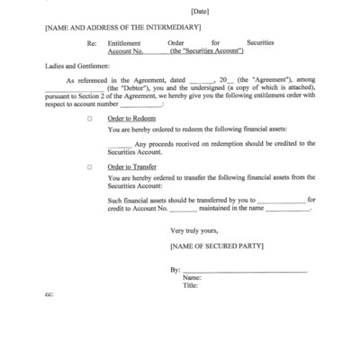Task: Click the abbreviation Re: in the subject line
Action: pyautogui.click(x=92, y=43)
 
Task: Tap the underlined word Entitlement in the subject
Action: pyautogui.click(x=124, y=43)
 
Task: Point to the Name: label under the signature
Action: pyautogui.click(x=192, y=278)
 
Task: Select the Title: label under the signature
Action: pyautogui.click(x=191, y=286)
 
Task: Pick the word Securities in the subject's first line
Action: pyautogui.click(x=261, y=43)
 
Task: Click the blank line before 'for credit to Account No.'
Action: pyautogui.click(x=282, y=200)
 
